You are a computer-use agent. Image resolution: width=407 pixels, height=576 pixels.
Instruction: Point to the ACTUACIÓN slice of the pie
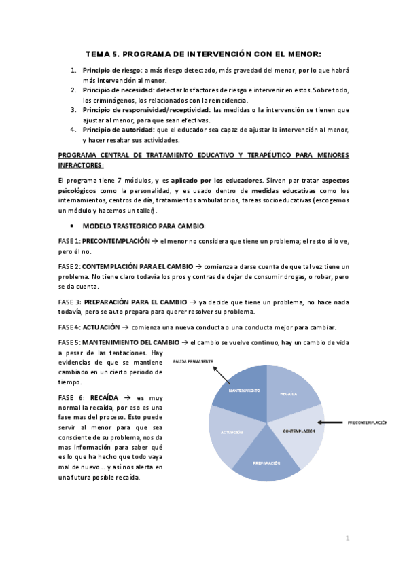click(x=232, y=433)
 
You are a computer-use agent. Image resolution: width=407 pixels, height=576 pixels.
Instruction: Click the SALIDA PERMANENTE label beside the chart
click(x=194, y=361)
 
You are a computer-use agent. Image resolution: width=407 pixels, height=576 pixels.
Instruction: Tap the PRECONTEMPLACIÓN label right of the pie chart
click(x=368, y=422)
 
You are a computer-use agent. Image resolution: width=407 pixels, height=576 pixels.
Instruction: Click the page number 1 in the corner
click(x=347, y=538)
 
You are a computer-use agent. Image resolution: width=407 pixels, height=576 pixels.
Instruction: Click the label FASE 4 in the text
click(x=69, y=327)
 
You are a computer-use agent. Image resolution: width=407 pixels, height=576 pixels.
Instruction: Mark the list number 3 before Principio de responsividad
click(x=73, y=109)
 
